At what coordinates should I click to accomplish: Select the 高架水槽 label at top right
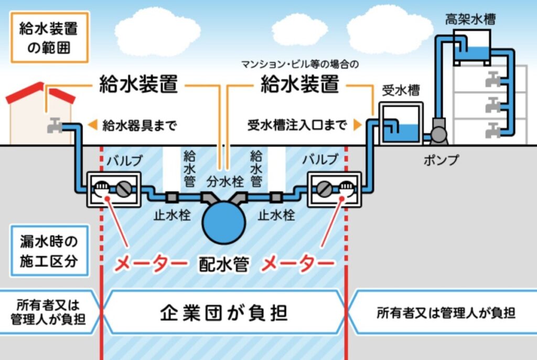tap(470, 20)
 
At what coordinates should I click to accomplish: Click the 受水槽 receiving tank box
tap(400, 124)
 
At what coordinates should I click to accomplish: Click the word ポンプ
tap(441, 161)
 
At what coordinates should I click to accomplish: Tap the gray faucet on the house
tap(54, 125)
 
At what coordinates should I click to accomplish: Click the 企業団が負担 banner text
tap(224, 313)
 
